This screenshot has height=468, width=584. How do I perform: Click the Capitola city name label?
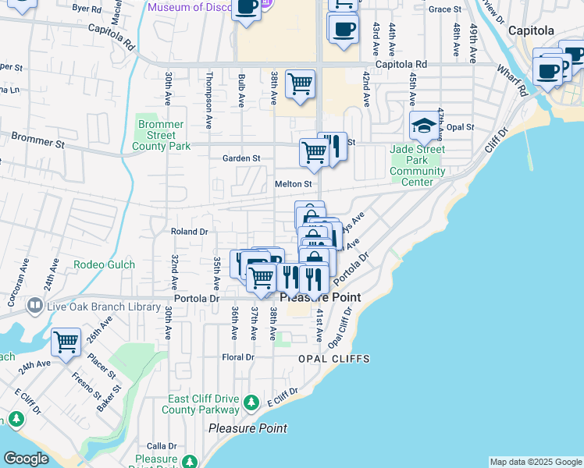pyautogui.click(x=531, y=31)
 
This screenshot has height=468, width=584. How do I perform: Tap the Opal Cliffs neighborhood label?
pyautogui.click(x=333, y=359)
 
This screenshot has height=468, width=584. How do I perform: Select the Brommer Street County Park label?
pyautogui.click(x=162, y=135)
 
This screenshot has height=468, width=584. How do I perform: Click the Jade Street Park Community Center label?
pyautogui.click(x=418, y=165)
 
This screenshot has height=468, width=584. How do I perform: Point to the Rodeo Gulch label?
pyautogui.click(x=104, y=264)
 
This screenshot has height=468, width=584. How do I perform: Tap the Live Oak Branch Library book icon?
pyautogui.click(x=34, y=307)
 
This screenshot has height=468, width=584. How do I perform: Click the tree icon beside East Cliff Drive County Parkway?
pyautogui.click(x=251, y=402)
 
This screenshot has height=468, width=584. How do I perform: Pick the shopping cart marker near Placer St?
pyautogui.click(x=66, y=342)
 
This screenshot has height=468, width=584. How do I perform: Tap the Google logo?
pyautogui.click(x=26, y=459)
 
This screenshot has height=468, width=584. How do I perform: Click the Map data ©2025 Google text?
pyautogui.click(x=535, y=462)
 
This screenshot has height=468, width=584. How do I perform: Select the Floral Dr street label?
pyautogui.click(x=238, y=357)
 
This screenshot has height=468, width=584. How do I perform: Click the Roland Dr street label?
pyautogui.click(x=189, y=232)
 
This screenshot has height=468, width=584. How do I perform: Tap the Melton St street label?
pyautogui.click(x=293, y=184)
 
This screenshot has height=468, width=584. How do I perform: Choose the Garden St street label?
pyautogui.click(x=241, y=158)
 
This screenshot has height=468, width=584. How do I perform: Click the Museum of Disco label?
pyautogui.click(x=187, y=7)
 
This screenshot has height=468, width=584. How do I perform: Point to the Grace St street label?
pyautogui.click(x=445, y=9)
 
